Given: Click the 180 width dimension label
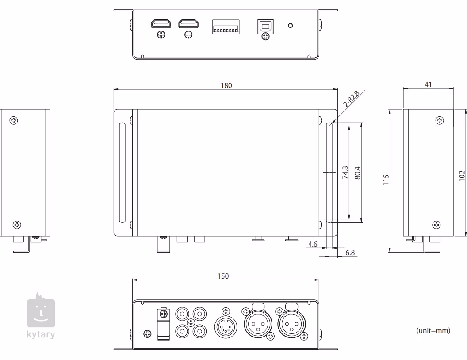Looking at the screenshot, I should [x=226, y=85].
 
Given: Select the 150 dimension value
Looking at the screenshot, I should [x=224, y=276].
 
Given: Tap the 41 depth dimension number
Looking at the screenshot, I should [x=428, y=84].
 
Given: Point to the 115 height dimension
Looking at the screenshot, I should [x=386, y=180].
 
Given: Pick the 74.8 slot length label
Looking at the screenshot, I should [x=345, y=172].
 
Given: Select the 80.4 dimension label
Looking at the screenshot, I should [x=357, y=172].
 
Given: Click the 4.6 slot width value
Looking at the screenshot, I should [x=313, y=244].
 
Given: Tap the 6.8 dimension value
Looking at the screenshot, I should [x=349, y=253].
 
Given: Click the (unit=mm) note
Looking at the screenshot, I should [x=433, y=330].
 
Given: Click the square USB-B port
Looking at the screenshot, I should [x=265, y=26].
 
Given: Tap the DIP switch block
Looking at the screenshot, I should [x=226, y=27].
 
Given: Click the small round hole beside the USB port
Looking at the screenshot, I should [x=290, y=25].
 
